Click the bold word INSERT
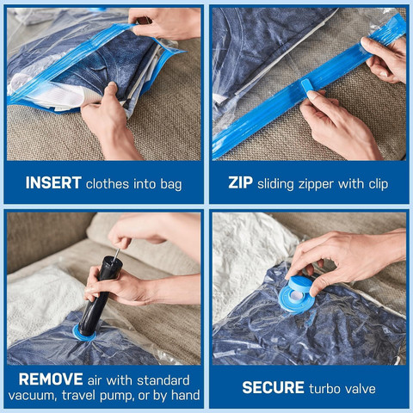[x=52, y=183]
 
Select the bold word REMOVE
[x=51, y=379]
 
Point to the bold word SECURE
[x=273, y=388]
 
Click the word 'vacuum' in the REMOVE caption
[x=38, y=397]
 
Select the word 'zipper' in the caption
[x=323, y=183]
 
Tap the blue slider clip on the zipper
[x=308, y=86]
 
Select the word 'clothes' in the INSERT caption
[x=114, y=183]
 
